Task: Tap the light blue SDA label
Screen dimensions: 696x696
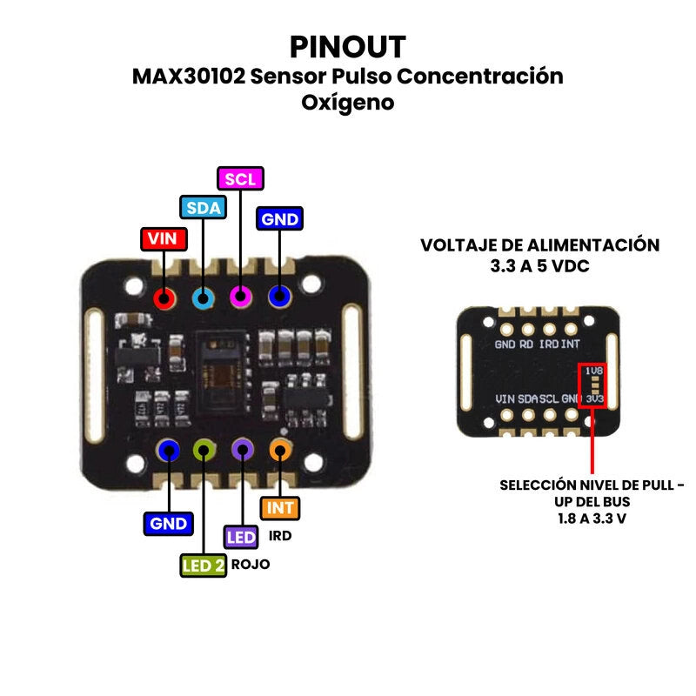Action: click(x=203, y=207)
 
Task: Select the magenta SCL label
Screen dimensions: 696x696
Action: click(x=240, y=178)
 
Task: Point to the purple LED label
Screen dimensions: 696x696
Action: click(x=241, y=537)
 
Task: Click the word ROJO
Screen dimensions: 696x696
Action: click(x=251, y=565)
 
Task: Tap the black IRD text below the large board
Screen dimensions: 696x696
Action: click(x=280, y=536)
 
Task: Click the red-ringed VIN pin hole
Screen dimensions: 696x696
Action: click(x=164, y=298)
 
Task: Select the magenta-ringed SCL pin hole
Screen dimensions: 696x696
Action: click(x=241, y=298)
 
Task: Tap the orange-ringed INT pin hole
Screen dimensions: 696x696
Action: click(x=280, y=450)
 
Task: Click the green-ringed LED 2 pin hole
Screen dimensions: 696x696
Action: click(x=204, y=450)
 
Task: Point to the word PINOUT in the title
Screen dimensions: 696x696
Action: click(x=347, y=45)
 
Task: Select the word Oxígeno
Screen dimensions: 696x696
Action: click(x=347, y=103)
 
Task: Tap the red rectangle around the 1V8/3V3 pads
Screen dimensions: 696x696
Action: click(x=594, y=385)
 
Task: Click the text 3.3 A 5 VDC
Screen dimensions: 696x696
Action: click(x=539, y=266)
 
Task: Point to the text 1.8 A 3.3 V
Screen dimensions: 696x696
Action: click(x=592, y=518)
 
